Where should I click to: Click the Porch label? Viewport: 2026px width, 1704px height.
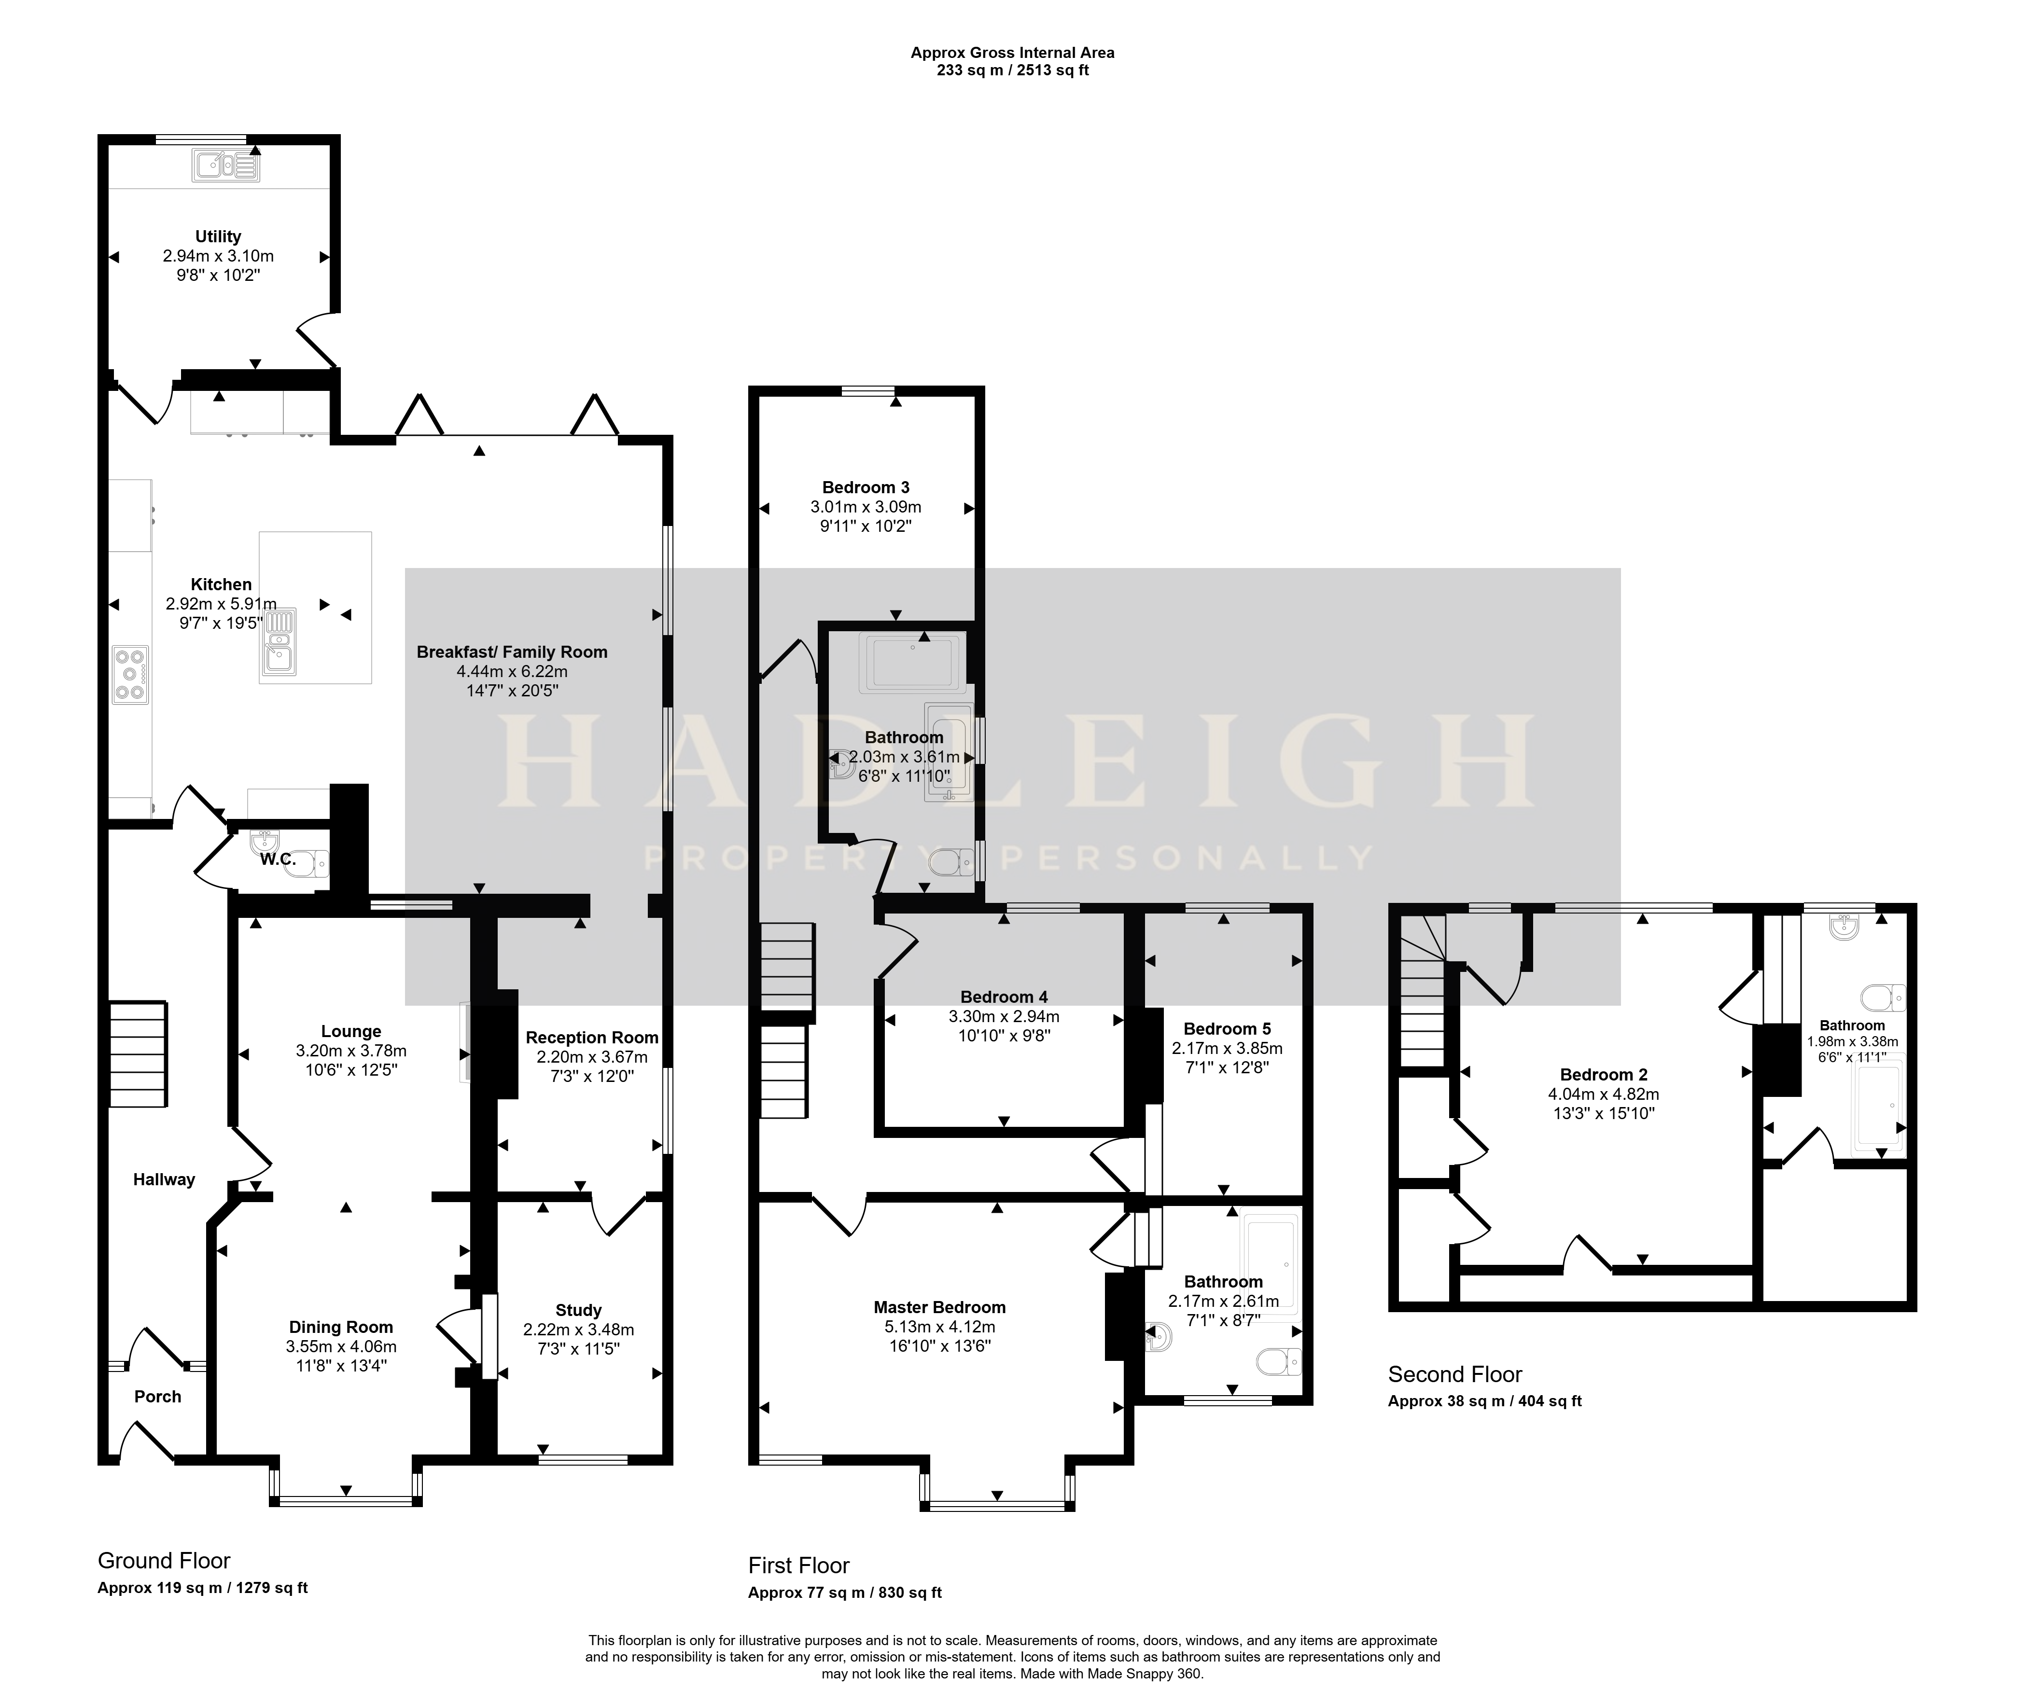pos(157,1397)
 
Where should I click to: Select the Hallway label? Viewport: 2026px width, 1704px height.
pos(164,1179)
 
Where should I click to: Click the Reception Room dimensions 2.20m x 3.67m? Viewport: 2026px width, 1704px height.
pos(592,1057)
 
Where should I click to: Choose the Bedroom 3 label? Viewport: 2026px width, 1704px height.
pos(866,488)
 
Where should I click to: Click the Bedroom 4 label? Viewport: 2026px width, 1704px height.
pos(1004,997)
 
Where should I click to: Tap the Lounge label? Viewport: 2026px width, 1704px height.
pos(352,1032)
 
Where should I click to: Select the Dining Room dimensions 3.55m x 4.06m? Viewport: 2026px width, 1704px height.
pos(341,1346)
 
